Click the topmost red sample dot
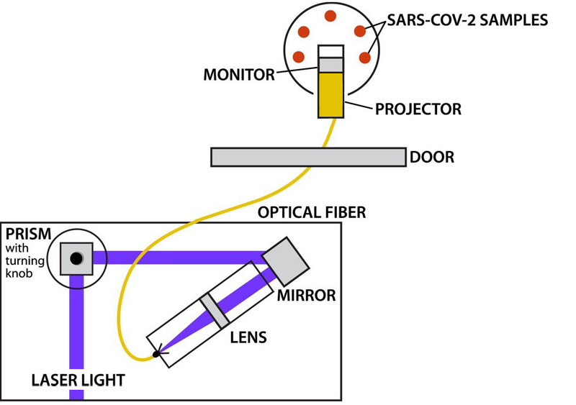pyautogui.click(x=330, y=15)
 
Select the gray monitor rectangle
pyautogui.click(x=331, y=65)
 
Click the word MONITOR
pyautogui.click(x=238, y=75)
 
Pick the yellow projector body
pyautogui.click(x=331, y=94)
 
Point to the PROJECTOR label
pyautogui.click(x=418, y=109)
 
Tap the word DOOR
pyautogui.click(x=432, y=157)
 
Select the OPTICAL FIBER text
pyautogui.click(x=312, y=212)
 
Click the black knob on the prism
pyautogui.click(x=76, y=258)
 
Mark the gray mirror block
pyautogui.click(x=287, y=258)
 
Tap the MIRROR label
pyautogui.click(x=306, y=296)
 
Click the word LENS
pyautogui.click(x=247, y=336)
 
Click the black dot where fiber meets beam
pyautogui.click(x=156, y=354)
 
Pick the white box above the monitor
pyautogui.click(x=331, y=51)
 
